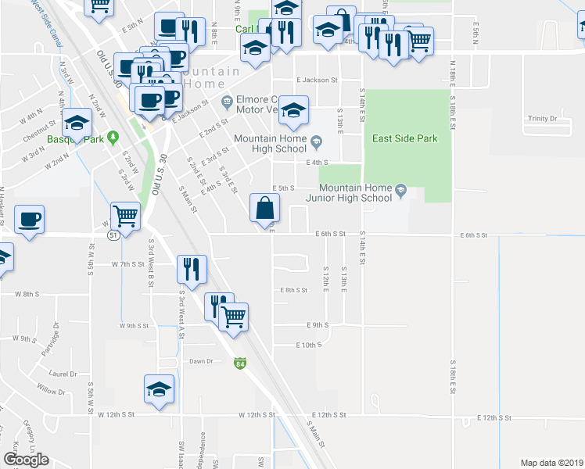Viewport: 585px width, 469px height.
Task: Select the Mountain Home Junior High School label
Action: (355, 193)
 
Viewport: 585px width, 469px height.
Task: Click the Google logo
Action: (26, 460)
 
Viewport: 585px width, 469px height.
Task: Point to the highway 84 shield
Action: (239, 363)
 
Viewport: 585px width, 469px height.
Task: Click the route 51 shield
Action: (113, 234)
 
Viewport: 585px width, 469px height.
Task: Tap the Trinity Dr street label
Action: (541, 119)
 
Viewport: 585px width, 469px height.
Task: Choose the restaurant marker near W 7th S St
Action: (192, 269)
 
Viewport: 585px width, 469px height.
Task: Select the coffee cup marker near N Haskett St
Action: (29, 219)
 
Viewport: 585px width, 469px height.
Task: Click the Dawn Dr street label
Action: (201, 361)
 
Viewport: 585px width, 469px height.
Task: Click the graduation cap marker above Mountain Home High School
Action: (293, 110)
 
